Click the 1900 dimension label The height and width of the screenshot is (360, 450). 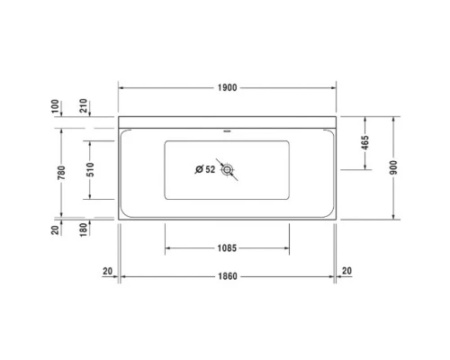(x=227, y=87)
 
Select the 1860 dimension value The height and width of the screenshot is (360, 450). (x=227, y=275)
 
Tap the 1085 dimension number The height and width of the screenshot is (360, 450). (x=227, y=248)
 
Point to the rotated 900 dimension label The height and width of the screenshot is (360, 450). (x=393, y=168)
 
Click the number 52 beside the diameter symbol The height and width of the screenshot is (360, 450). (x=210, y=168)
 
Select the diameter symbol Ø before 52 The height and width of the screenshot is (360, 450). (x=198, y=168)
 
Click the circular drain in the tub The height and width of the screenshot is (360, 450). (x=229, y=168)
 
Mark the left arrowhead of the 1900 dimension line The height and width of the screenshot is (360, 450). (x=123, y=87)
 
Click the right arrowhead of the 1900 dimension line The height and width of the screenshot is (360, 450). (x=334, y=87)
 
